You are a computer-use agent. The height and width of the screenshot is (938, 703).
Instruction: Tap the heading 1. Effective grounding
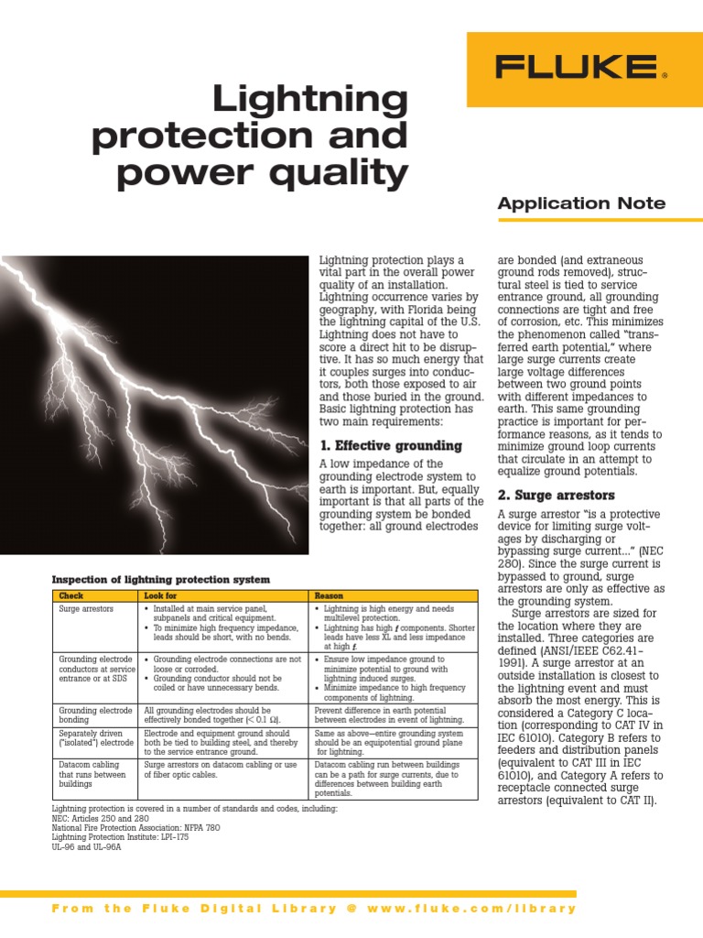390,445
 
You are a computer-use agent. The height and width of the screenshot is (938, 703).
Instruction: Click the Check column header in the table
71,595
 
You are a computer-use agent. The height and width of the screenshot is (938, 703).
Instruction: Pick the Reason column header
329,595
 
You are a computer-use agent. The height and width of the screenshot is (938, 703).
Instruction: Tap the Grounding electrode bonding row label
95,715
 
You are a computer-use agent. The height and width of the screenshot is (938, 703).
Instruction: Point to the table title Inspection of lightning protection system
161,579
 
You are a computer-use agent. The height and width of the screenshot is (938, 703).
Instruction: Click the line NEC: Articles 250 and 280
106,818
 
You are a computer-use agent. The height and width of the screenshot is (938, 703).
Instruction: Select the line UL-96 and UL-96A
86,847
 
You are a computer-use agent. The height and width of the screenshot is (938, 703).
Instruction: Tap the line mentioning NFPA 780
135,828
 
